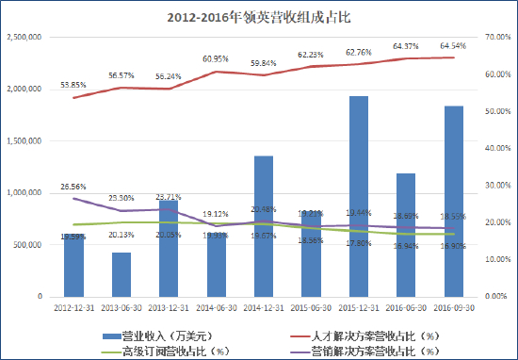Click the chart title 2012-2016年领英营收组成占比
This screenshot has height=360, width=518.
point(258,16)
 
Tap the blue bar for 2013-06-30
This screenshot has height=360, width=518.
point(121,274)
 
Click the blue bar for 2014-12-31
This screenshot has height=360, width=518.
point(265,225)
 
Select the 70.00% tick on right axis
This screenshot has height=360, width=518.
point(495,37)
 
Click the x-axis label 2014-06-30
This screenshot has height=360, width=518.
point(217,307)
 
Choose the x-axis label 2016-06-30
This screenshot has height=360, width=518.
point(407,307)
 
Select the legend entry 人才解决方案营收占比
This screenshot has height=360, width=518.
point(367,335)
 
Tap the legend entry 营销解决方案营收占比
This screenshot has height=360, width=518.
point(367,351)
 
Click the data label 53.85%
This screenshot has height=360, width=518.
point(73,85)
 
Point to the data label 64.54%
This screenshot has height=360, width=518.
point(454,45)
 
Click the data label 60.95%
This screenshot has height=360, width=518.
point(217,58)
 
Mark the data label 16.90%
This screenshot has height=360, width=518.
point(454,246)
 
